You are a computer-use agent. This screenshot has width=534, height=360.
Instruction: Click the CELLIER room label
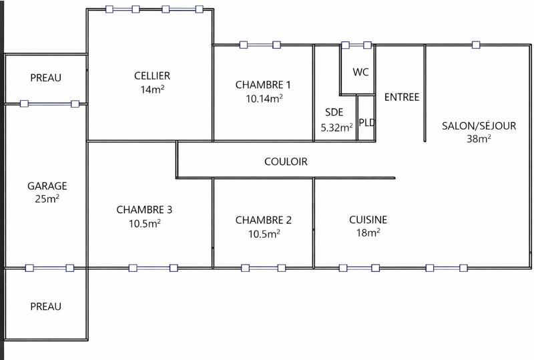152,75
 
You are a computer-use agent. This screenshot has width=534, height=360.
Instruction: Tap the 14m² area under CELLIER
152,89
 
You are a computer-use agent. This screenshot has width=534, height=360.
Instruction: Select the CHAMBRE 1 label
263,85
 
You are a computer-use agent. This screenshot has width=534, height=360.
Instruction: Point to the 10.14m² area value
264,98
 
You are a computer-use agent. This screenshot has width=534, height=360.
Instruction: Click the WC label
360,72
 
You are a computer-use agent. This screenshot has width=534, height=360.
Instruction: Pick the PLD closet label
366,122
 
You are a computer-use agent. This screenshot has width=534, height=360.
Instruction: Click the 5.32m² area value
336,128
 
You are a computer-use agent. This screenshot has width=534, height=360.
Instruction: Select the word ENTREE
402,98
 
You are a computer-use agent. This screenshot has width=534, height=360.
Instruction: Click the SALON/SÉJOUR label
479,126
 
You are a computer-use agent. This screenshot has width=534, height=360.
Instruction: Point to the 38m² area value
479,139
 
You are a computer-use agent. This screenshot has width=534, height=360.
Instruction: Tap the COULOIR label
286,162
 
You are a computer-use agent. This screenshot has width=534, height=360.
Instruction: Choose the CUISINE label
368,220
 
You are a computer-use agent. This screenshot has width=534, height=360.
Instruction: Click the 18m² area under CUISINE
368,233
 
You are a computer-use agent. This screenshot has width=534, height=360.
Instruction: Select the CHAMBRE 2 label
264,220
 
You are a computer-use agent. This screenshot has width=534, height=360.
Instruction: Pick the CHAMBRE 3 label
144,209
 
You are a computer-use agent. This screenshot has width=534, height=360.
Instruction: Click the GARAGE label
47,186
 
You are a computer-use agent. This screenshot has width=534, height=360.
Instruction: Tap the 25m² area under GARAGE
47,199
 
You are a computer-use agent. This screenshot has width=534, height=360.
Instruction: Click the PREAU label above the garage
45,78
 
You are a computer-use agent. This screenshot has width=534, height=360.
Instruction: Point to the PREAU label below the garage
45,307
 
